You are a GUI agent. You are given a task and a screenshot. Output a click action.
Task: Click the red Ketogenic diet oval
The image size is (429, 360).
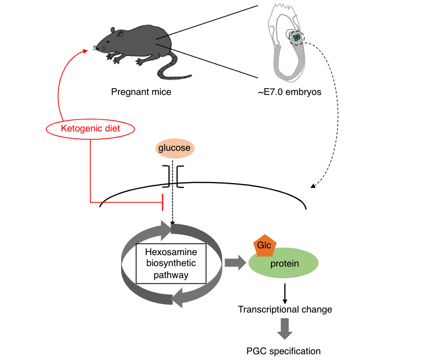click(90, 129)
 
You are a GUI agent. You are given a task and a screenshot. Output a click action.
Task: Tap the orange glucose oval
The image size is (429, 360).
click(175, 148)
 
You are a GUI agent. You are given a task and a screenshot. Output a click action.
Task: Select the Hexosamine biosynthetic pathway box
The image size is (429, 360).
click(171, 263)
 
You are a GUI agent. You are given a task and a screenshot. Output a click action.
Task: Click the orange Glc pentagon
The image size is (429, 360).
click(265, 246)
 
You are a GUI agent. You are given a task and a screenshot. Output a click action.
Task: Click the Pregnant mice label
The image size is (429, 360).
click(141, 92)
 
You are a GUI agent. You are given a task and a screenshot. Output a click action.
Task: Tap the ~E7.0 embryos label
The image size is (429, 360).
click(290, 92)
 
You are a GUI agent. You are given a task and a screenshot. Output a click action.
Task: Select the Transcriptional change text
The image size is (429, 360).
click(285, 309)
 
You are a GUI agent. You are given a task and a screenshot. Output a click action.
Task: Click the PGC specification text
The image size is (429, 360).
click(283, 351)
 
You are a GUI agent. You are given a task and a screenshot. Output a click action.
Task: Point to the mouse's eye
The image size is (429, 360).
click(108, 42)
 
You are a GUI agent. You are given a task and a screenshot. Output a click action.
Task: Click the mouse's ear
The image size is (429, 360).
click(120, 34)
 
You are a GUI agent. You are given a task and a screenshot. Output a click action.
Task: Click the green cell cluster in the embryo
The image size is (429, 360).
click(296, 38)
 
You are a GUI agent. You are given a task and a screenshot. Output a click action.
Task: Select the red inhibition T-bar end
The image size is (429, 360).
click(163, 202)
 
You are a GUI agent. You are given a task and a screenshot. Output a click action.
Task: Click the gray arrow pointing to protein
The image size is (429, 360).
click(235, 262)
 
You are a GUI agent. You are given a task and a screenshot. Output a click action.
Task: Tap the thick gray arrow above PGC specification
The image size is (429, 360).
click(285, 329)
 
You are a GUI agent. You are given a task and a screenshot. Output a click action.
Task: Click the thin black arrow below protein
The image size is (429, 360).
click(285, 294)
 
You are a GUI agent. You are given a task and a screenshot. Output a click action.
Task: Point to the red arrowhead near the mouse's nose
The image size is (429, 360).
click(85, 51)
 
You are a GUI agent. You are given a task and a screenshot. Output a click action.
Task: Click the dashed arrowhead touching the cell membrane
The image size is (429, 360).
click(313, 186)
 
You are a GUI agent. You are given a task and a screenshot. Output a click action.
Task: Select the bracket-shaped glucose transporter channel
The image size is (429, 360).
click(173, 176)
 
